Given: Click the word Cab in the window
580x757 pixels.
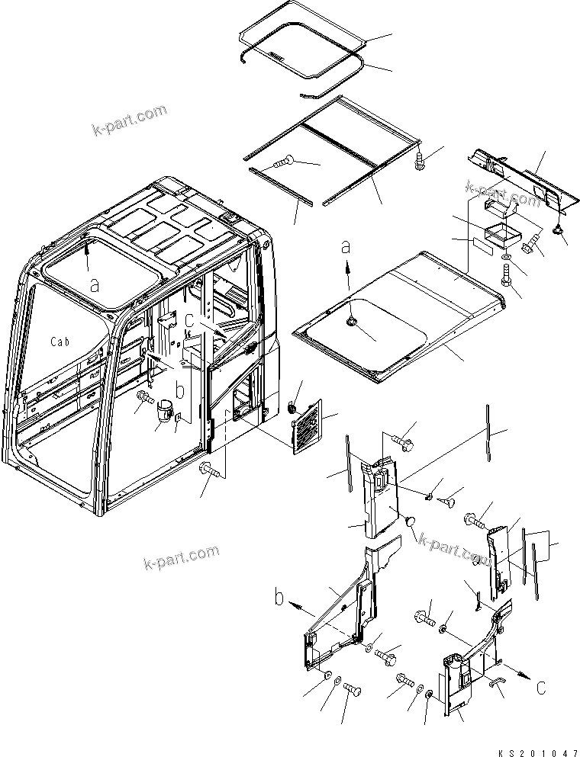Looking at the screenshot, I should (x=60, y=342).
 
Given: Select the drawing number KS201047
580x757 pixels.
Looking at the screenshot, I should (x=535, y=750).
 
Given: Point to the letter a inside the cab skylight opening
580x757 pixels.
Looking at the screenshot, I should (x=94, y=284).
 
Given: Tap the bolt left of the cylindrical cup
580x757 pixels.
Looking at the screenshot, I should (x=143, y=397).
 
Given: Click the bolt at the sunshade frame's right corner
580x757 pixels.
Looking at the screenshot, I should (x=419, y=161).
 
